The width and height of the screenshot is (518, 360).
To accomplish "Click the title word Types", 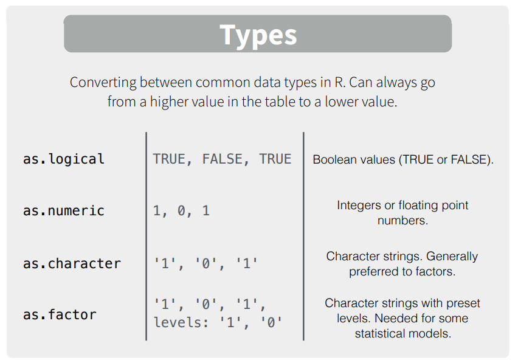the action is (258, 36).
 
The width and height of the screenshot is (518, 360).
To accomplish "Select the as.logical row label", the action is (64, 159).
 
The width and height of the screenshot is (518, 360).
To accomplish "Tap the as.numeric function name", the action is (64, 211).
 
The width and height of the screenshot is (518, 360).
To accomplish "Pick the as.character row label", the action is (72, 263).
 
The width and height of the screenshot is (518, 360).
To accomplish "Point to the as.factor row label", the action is (60, 314).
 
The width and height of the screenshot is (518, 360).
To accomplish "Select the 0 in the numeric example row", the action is (181, 211).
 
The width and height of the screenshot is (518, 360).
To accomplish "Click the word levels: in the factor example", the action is (182, 322).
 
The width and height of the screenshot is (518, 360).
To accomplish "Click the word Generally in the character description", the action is (452, 256).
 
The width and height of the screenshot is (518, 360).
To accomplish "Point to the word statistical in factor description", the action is (382, 334).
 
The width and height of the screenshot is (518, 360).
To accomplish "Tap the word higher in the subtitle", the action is (165, 102).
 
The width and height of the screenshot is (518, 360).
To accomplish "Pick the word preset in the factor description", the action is (464, 303).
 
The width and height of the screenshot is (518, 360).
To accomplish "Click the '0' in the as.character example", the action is (205, 263).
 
